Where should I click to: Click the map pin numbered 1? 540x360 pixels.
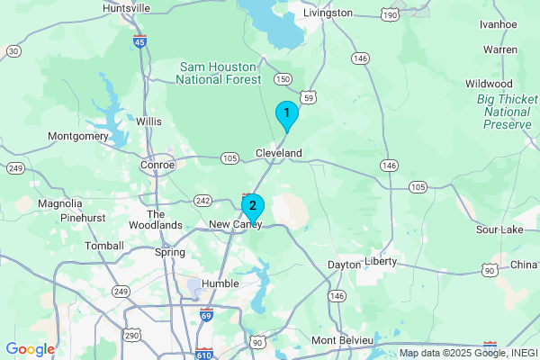coord(286,114)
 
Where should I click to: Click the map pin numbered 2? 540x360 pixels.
coord(253,206)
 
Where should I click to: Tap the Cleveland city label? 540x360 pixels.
coord(279,153)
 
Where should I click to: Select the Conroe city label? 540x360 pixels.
coord(157,165)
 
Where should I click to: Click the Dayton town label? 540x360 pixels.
coord(343,265)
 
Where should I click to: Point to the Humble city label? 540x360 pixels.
coord(220,283)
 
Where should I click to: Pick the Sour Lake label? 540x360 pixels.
coord(499,229)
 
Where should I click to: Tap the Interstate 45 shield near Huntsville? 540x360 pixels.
coord(139,41)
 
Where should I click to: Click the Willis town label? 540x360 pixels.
coord(148,120)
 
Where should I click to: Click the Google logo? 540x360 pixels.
coord(30,349)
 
